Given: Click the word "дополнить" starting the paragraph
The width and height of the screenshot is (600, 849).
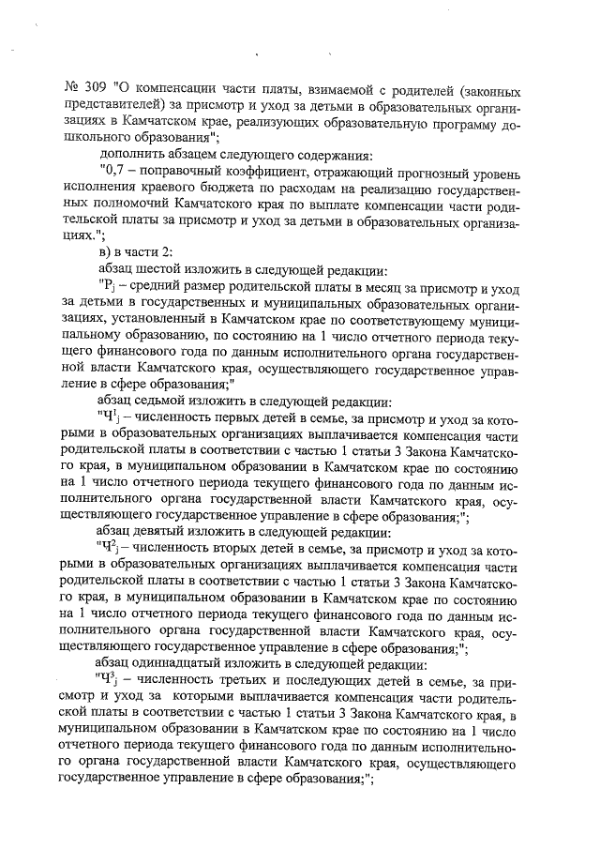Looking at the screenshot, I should tap(130, 153).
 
